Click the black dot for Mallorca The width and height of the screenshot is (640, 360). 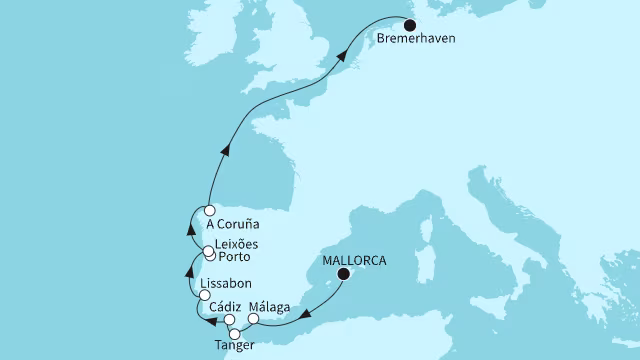tap(345, 273)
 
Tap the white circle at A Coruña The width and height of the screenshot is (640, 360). tap(209, 211)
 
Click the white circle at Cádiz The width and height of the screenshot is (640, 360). tap(230, 321)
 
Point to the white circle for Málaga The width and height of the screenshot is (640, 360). tap(253, 320)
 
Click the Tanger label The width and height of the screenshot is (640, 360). tap(236, 345)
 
